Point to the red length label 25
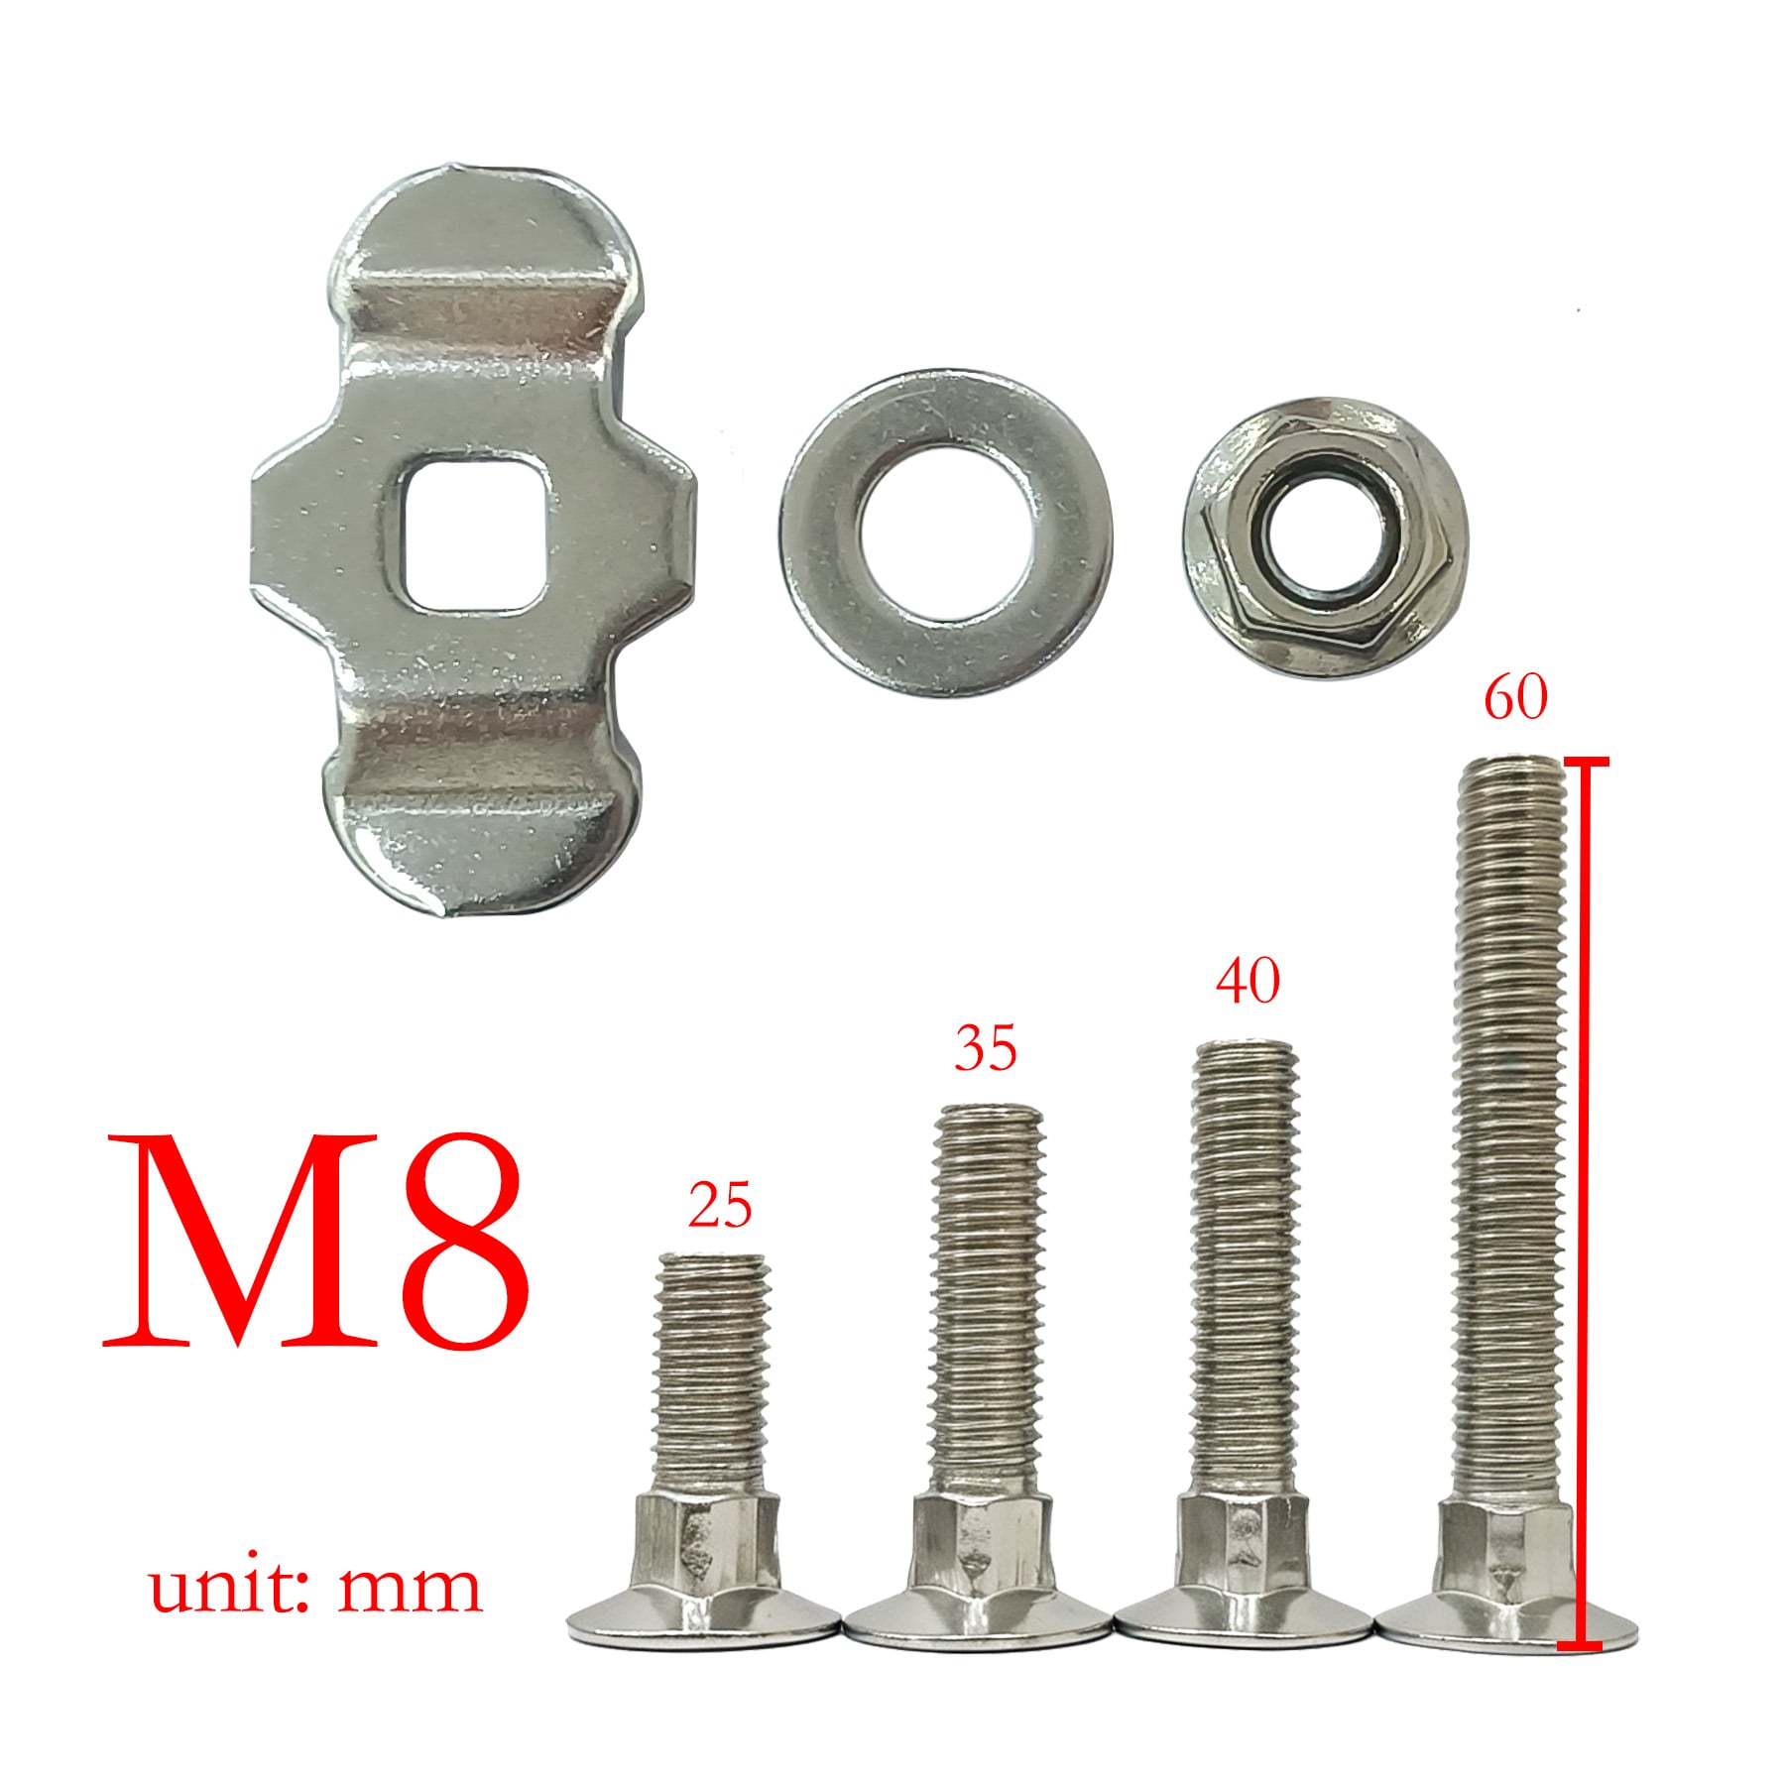pyautogui.click(x=720, y=1207)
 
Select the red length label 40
pyautogui.click(x=1248, y=981)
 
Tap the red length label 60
pyautogui.click(x=1514, y=699)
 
